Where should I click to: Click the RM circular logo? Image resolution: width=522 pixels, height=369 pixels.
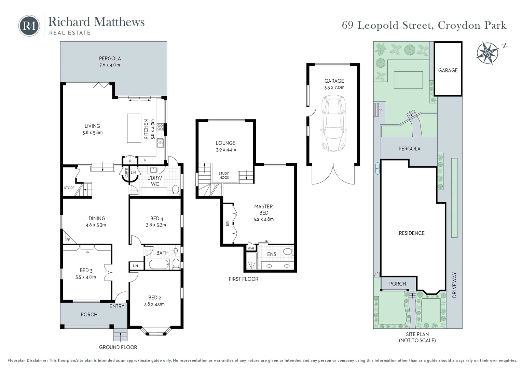pyautogui.click(x=29, y=25)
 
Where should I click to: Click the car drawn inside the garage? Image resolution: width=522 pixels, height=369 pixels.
pyautogui.click(x=333, y=123)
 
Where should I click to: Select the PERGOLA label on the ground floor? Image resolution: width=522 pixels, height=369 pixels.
pyautogui.click(x=110, y=58)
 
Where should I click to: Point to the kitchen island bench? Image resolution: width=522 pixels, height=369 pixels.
pyautogui.click(x=134, y=128)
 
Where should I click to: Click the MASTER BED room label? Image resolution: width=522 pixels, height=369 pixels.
pyautogui.click(x=263, y=209)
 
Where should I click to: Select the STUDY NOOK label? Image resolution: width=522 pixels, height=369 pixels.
pyautogui.click(x=224, y=176)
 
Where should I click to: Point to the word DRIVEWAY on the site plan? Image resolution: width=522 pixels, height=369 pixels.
pyautogui.click(x=454, y=285)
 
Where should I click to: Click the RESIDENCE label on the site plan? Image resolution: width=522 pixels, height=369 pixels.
pyautogui.click(x=412, y=233)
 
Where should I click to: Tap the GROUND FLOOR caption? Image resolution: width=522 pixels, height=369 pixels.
pyautogui.click(x=118, y=347)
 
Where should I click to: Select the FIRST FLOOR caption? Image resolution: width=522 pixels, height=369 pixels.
pyautogui.click(x=243, y=279)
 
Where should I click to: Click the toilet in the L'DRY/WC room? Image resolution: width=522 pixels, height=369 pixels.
pyautogui.click(x=176, y=190)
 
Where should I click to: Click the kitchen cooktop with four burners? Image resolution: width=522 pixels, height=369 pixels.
pyautogui.click(x=160, y=128)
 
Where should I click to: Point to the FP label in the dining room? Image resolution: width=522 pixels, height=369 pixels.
pyautogui.click(x=68, y=240)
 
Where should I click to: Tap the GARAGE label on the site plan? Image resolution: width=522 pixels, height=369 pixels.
pyautogui.click(x=448, y=70)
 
